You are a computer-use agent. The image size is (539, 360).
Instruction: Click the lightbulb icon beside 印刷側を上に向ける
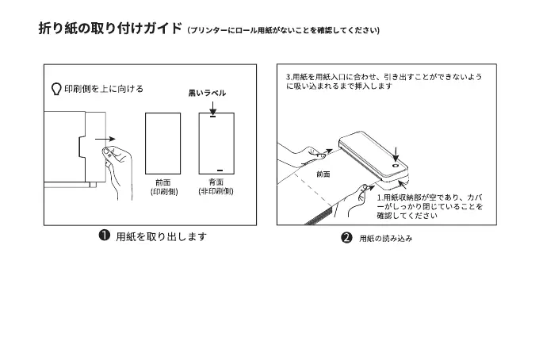tap(56, 89)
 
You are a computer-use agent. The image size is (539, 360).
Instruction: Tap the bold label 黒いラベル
tap(207, 93)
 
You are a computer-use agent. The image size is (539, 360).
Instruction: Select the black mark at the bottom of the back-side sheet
tap(220, 168)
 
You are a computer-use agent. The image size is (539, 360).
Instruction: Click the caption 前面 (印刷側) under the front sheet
tap(163, 187)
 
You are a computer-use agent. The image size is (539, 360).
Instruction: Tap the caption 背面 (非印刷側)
tap(216, 187)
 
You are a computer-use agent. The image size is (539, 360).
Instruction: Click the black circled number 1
tap(104, 236)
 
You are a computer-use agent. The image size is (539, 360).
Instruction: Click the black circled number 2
tap(346, 238)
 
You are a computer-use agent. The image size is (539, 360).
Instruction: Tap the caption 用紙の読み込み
tap(386, 238)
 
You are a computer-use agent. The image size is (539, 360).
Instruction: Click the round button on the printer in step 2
tap(396, 167)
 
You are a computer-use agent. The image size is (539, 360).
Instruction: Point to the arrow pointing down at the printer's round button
tap(396, 152)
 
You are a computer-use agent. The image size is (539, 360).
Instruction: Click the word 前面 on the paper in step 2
tap(323, 173)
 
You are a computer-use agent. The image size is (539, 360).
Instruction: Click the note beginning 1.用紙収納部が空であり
tap(429, 205)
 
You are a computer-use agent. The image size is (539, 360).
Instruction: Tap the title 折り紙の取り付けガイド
tap(110, 29)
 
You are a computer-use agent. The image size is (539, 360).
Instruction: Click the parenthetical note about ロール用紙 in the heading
tap(283, 32)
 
